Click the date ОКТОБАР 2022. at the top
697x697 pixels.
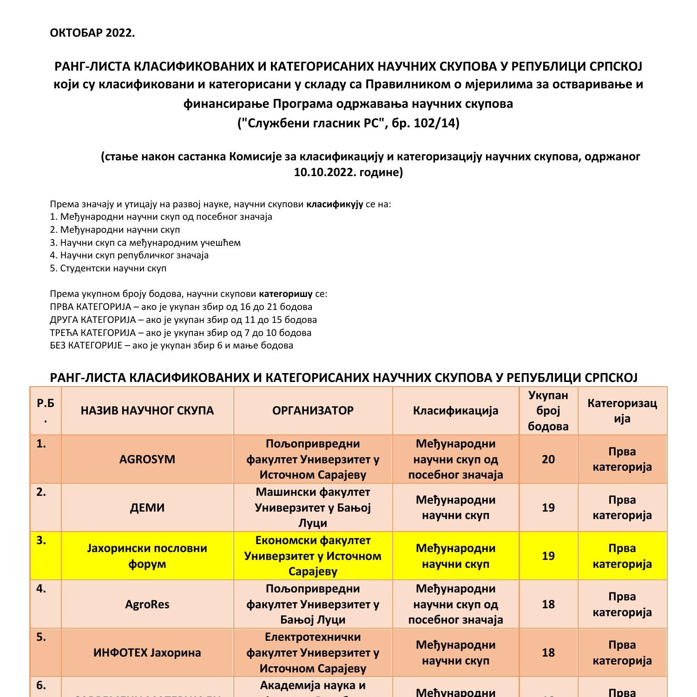[x=92, y=33]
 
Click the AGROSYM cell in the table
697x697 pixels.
[x=147, y=459]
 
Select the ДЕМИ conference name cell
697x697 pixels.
[x=147, y=507]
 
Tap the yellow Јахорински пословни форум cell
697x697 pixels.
[x=147, y=556]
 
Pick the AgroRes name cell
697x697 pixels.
[x=147, y=604]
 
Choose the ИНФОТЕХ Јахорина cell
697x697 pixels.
[x=147, y=652]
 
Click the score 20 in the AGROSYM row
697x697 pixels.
[x=548, y=459]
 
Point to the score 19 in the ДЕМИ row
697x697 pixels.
[x=548, y=507]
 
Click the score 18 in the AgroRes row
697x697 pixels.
[x=548, y=604]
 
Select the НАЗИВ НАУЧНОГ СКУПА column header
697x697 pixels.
[x=147, y=411]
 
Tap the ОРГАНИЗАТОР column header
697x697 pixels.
[x=313, y=411]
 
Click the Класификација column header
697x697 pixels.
[x=455, y=411]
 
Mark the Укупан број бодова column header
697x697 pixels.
[x=548, y=411]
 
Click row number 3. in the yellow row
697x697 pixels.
[x=41, y=540]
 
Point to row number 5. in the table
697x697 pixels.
[x=41, y=637]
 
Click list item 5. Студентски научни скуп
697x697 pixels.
[x=108, y=268]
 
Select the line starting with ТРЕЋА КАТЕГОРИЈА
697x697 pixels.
[x=180, y=333]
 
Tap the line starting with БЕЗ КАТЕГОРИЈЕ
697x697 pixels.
[x=171, y=345]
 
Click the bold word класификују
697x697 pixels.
[x=335, y=204]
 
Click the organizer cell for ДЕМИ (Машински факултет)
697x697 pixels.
[x=313, y=507]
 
